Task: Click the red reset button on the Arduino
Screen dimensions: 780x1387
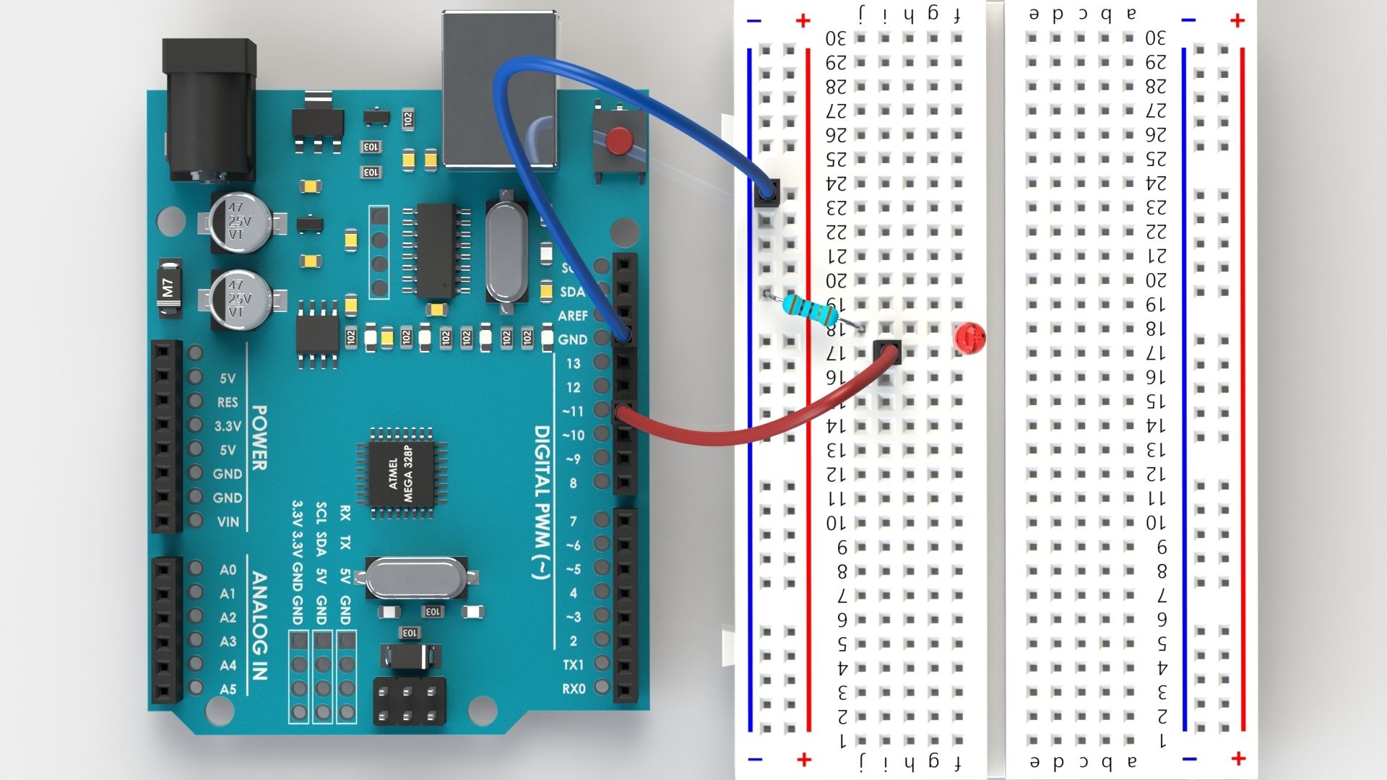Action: pos(618,140)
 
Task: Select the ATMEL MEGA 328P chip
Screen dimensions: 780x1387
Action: pos(401,472)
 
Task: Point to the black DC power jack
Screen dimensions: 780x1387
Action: pos(209,108)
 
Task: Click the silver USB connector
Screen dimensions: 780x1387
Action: pos(500,90)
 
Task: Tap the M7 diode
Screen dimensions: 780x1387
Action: pos(168,289)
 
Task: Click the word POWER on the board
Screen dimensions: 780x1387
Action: pos(259,438)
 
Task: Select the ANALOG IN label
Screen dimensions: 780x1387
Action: pos(259,625)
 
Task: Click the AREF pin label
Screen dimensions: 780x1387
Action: pos(572,316)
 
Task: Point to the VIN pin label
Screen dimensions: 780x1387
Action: pos(228,521)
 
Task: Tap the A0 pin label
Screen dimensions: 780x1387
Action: pos(228,570)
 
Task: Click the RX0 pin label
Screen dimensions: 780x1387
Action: pos(574,689)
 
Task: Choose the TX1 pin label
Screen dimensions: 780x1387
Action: pos(574,664)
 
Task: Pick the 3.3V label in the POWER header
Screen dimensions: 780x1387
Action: pos(228,426)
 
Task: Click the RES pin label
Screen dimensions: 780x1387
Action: pos(228,402)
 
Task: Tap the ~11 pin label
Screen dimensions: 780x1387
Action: pos(572,411)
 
